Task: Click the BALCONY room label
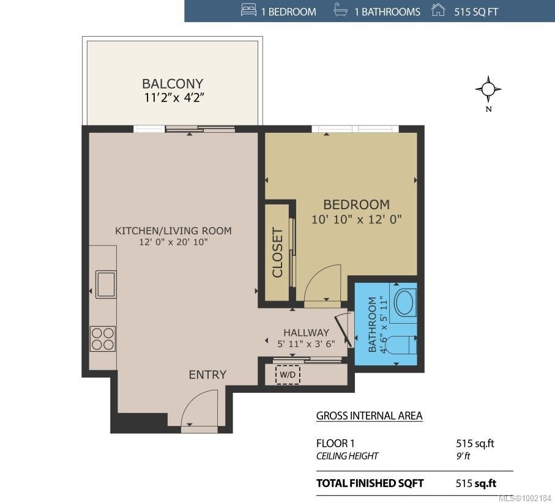[173, 84]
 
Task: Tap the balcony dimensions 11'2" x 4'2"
[174, 98]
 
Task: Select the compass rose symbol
[488, 89]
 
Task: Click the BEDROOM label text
[356, 204]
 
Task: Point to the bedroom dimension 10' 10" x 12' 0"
[356, 220]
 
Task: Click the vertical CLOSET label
[278, 252]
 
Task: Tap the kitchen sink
[106, 285]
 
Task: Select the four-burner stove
[103, 339]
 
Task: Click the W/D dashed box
[288, 374]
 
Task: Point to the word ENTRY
[207, 375]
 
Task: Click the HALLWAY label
[306, 333]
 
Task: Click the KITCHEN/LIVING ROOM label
[173, 231]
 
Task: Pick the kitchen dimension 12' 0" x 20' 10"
[173, 242]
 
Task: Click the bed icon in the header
[248, 10]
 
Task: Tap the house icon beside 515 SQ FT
[438, 10]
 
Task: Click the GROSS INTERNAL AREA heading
[369, 415]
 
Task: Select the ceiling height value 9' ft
[463, 456]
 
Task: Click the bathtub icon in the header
[340, 10]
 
